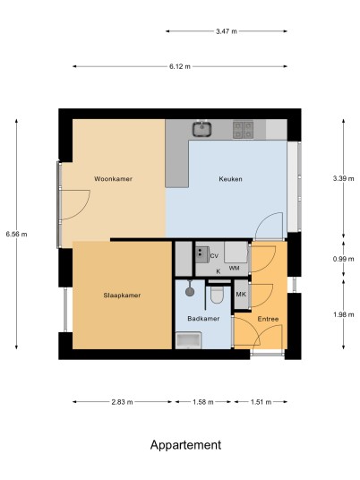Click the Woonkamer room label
point(113,179)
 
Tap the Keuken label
point(230,179)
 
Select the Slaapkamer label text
point(122,296)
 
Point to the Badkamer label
point(203,319)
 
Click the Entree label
point(268,319)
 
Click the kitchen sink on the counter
point(202,129)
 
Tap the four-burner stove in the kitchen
point(243,130)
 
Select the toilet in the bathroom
point(217,295)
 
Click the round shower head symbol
point(190,291)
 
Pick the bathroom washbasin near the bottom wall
point(188,340)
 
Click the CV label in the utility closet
point(214,256)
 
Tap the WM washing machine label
point(235,268)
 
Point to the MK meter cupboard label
point(241,295)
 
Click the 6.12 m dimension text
point(180,66)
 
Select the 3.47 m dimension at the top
point(227,31)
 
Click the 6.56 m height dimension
point(16,235)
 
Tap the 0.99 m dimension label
point(344,259)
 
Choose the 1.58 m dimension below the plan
point(203,402)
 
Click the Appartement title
point(185,445)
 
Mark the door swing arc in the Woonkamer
point(84,207)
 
